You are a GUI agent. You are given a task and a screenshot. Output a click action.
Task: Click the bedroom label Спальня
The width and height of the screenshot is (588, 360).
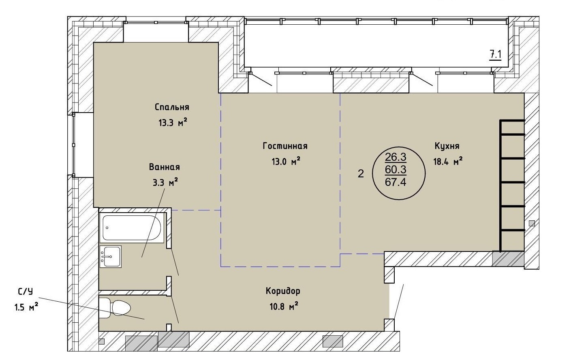pos(172,107)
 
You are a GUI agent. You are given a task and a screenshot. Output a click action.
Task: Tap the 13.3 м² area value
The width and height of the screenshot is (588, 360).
pos(173,122)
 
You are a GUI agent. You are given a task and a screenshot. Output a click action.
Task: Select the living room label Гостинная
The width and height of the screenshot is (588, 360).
pos(285,146)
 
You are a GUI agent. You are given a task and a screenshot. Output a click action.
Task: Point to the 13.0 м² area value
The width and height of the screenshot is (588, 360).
pos(286,161)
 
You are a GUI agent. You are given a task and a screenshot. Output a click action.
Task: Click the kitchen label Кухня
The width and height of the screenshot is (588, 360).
pos(447,146)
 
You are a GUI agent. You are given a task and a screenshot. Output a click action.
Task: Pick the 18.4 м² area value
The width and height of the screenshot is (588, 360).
pos(448,161)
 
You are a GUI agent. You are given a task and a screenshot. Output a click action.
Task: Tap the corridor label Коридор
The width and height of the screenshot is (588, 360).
pos(283,291)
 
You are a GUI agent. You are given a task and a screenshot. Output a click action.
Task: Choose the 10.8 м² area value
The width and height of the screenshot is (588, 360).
pos(284,306)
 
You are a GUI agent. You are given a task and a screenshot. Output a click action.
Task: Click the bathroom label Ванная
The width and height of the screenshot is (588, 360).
pos(165,167)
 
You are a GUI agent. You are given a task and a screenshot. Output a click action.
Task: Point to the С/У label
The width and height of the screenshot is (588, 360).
pos(26,292)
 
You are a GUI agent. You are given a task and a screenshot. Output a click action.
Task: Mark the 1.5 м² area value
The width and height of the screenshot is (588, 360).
pos(26,307)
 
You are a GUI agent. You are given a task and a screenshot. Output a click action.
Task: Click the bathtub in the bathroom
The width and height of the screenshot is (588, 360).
pos(132,228)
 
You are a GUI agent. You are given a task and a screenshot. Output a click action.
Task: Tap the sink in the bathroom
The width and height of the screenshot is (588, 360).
pos(111,256)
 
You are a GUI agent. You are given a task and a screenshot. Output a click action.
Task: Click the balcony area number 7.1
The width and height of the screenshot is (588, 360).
pos(495,55)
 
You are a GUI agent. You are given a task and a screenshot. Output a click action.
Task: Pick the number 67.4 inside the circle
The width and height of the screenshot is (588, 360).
pos(396,182)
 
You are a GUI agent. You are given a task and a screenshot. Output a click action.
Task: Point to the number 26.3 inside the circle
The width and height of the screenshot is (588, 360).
pos(396,157)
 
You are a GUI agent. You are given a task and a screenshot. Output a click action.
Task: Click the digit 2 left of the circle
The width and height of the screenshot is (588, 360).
pos(361,173)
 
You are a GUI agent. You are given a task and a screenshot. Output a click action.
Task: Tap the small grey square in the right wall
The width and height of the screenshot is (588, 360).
pos(532,224)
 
